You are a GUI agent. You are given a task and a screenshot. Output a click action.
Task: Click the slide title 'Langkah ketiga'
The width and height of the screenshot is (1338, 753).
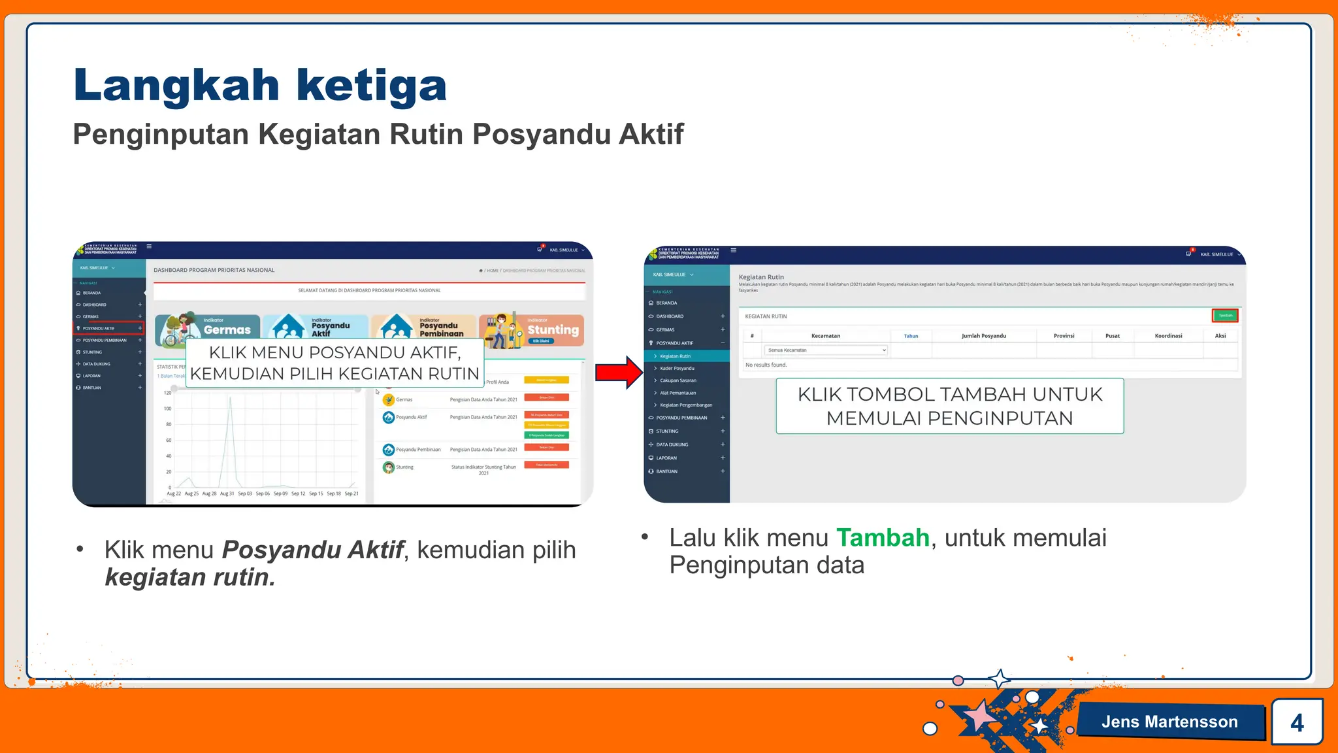260,86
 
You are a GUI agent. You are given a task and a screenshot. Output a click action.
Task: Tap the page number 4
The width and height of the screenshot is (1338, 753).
1297,722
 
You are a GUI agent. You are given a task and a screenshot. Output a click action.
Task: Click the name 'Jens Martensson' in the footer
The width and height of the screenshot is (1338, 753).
1169,722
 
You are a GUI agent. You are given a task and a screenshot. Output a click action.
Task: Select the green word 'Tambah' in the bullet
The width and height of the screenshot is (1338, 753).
883,538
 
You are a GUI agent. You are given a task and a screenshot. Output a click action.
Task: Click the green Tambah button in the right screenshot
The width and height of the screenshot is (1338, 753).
1225,316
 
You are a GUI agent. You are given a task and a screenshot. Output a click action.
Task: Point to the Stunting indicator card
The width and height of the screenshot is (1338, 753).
531,329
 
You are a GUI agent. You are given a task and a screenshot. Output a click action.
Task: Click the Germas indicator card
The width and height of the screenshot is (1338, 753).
208,329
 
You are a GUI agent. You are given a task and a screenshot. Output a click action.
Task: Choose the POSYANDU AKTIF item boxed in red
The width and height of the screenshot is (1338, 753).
108,328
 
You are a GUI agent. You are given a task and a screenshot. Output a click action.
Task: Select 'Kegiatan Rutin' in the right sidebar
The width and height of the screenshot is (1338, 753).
675,356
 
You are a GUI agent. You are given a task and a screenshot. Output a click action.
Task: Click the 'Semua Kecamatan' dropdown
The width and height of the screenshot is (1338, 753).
826,350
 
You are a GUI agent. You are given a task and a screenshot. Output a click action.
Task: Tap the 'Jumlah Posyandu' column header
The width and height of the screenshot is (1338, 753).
983,336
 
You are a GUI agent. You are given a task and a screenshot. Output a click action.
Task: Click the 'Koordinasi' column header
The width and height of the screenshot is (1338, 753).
1168,336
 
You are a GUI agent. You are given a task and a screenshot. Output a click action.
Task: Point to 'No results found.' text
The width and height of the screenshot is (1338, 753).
766,365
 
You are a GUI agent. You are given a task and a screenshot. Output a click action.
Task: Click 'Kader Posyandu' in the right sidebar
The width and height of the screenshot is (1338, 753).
677,368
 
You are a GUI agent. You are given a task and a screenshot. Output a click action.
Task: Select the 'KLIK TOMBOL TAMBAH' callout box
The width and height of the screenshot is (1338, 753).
949,406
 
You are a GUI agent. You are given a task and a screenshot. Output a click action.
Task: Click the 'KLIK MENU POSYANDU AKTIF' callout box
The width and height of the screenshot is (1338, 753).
334,363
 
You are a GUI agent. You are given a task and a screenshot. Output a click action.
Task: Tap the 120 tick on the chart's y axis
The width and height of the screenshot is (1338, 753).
168,393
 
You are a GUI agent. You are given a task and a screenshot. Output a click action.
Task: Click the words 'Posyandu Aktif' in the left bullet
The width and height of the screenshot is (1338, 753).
313,550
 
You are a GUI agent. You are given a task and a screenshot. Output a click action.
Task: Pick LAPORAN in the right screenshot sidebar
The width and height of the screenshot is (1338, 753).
666,458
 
